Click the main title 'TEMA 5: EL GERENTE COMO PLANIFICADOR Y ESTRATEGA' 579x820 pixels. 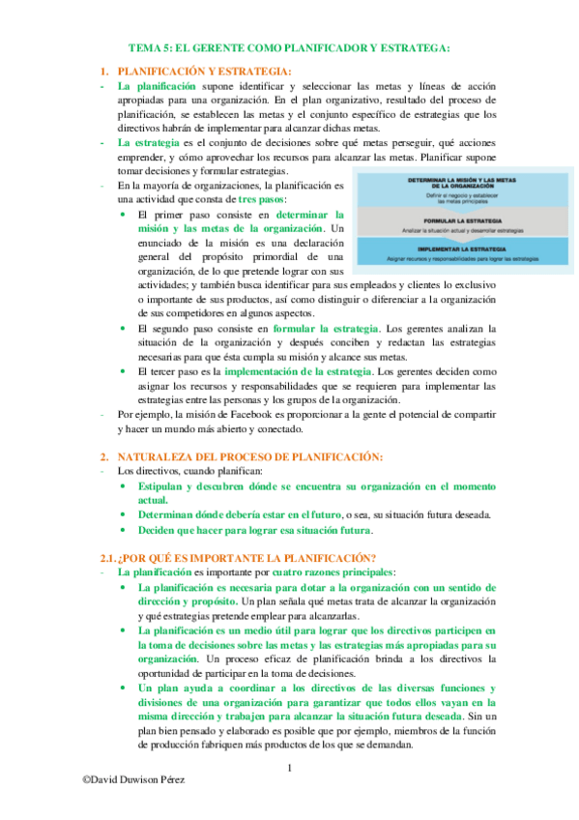coord(290,47)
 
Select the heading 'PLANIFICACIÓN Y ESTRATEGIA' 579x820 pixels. coord(203,71)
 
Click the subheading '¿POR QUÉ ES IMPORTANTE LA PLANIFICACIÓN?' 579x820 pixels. coord(246,557)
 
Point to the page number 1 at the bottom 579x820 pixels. coord(290,769)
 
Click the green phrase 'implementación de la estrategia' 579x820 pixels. coord(297,371)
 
